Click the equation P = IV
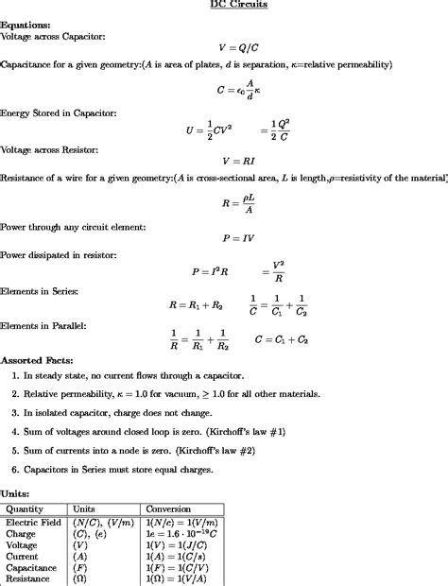tap(238, 239)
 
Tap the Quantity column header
tap(25, 508)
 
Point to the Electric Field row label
tap(33, 522)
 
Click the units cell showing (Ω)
tap(80, 578)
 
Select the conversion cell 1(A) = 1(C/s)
tap(179, 556)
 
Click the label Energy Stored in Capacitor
tap(58, 112)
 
